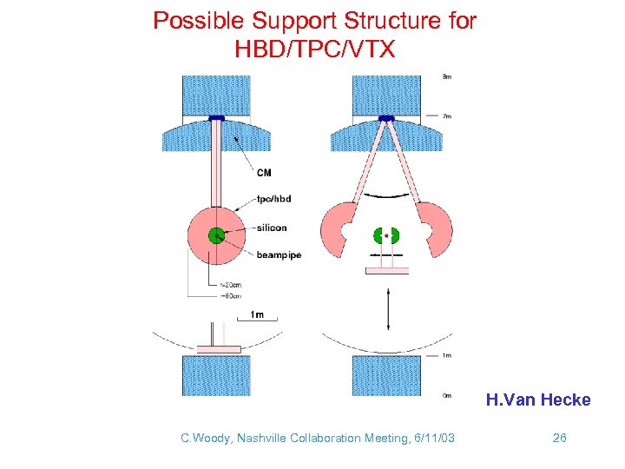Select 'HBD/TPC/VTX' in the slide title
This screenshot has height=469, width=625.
pos(314,50)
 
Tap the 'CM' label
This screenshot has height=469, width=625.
pos(264,173)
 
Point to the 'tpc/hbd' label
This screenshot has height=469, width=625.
pos(273,199)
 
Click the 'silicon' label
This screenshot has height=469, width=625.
pos(273,228)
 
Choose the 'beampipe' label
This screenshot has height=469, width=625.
pos(279,254)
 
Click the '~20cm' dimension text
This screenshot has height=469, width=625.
pos(232,286)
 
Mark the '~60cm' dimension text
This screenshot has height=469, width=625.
pos(232,296)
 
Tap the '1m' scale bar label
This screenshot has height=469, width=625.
pos(257,314)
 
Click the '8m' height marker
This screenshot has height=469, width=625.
pos(446,77)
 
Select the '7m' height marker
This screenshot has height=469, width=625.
pos(446,116)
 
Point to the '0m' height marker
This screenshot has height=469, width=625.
pos(446,395)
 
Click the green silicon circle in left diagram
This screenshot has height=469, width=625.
pos(216,234)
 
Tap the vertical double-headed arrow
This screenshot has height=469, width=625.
pos(386,309)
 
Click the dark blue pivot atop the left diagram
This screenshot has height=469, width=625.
pos(216,118)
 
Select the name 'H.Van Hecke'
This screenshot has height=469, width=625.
pos(537,400)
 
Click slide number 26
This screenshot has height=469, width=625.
pos(559,438)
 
